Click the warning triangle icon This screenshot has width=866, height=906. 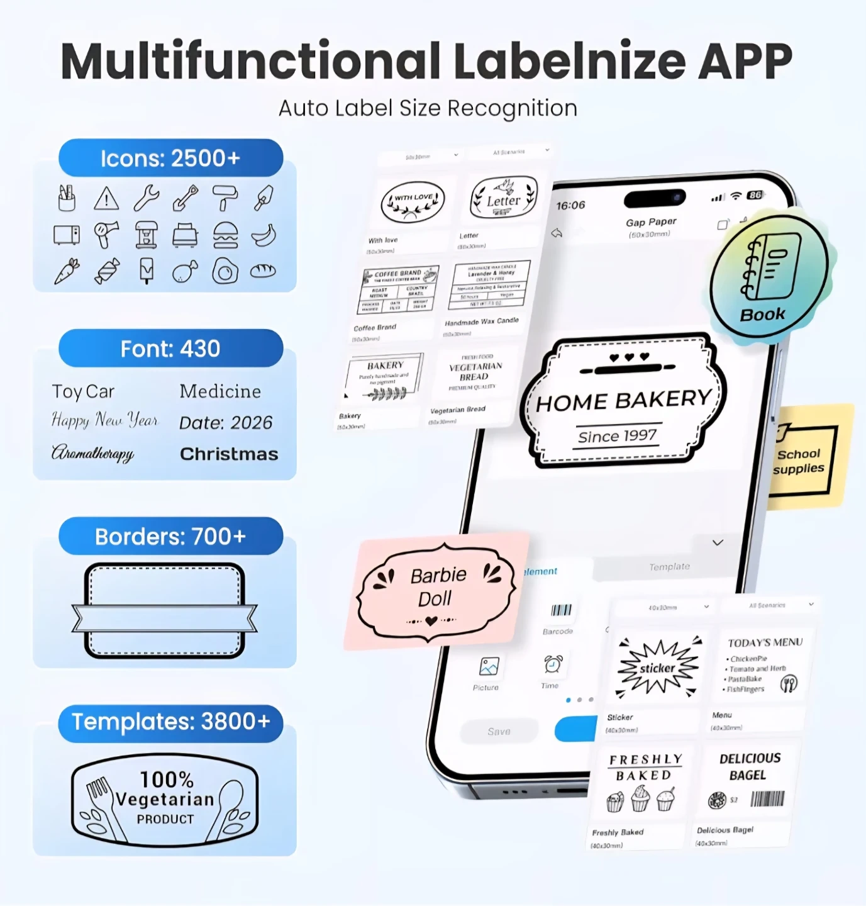106,199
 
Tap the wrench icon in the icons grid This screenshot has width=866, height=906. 146,198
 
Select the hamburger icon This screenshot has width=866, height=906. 225,235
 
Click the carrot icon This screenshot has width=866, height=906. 67,271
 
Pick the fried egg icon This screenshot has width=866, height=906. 225,271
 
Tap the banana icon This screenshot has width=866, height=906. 264,235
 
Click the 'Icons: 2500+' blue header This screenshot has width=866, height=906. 170,158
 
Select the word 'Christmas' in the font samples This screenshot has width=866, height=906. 229,454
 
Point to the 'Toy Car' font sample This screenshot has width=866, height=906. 83,391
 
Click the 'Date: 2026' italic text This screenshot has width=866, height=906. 226,423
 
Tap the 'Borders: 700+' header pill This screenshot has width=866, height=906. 170,537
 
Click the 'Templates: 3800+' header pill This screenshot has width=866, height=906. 170,722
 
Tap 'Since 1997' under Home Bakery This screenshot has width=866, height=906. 617,436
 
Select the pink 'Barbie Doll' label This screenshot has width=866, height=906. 436,588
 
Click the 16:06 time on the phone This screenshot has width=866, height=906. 570,205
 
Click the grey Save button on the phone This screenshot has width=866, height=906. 499,731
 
